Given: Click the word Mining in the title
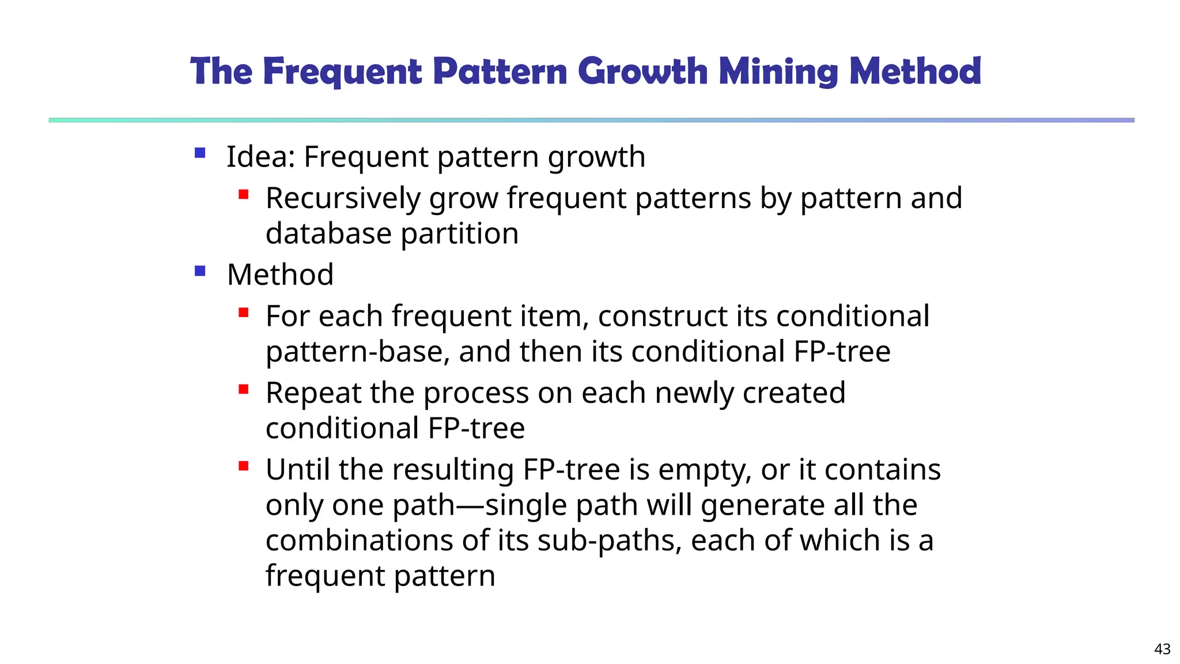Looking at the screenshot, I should point(778,71).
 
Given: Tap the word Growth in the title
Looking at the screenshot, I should point(643,71).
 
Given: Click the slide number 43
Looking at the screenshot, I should point(1162,649).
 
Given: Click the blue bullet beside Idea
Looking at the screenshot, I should point(200,153).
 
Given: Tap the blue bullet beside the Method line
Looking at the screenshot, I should point(200,271).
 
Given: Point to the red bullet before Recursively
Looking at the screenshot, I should point(243,195).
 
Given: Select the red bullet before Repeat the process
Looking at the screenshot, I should point(243,390).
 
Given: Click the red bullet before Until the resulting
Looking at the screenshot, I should point(243,466).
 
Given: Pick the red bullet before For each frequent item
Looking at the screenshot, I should point(243,313).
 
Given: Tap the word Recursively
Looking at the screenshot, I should point(343,199).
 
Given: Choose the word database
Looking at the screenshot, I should point(328,234).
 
